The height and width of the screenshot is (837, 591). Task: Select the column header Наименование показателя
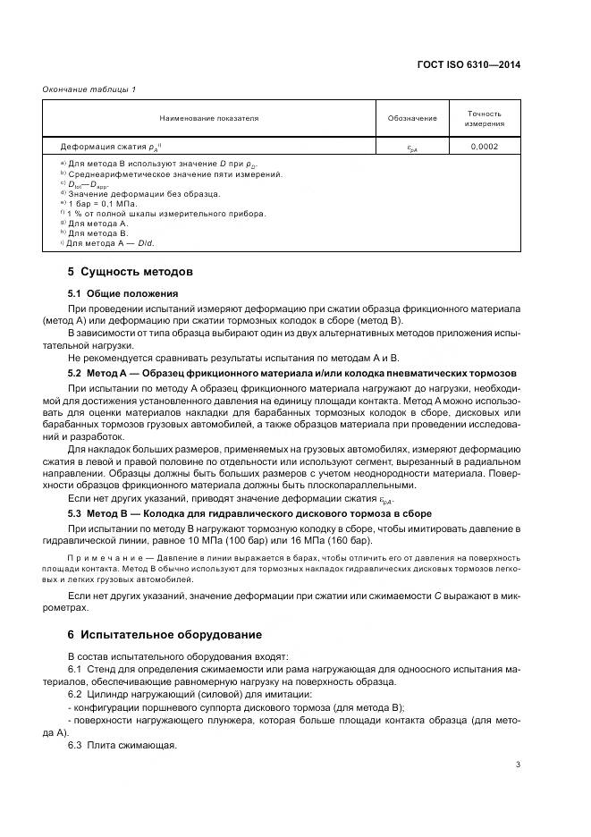pos(209,118)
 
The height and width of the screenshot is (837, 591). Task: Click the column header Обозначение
pos(412,118)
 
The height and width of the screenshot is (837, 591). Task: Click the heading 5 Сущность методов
pos(131,271)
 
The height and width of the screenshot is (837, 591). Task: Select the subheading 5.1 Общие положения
pos(123,293)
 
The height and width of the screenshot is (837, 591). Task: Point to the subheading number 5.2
pos(74,372)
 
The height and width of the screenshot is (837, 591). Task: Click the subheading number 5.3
pos(74,514)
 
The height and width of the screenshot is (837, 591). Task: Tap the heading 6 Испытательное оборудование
pos(165,635)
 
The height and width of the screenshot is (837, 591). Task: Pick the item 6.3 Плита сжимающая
pos(122,746)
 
